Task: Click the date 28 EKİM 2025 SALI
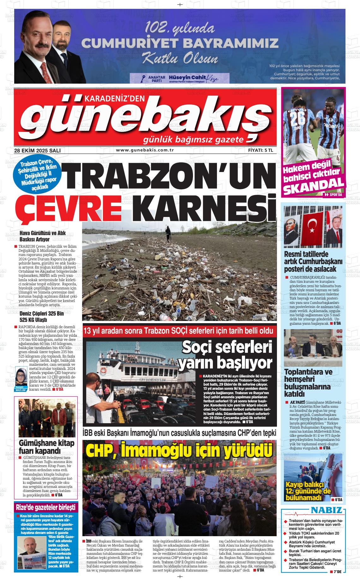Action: click(37, 151)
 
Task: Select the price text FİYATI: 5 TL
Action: click(260, 151)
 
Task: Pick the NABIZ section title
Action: click(326, 510)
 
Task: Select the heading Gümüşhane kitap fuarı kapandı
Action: click(46, 446)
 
